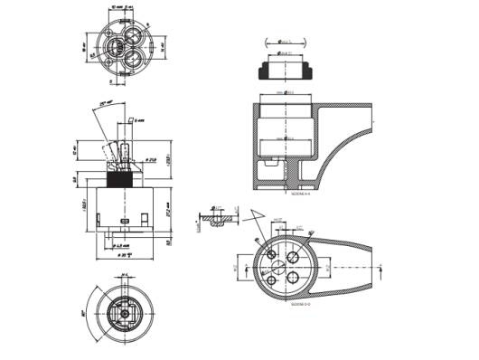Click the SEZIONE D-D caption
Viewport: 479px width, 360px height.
tap(302, 305)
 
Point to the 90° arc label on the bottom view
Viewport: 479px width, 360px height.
tap(84, 313)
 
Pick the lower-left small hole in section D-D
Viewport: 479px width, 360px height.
tap(272, 279)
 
